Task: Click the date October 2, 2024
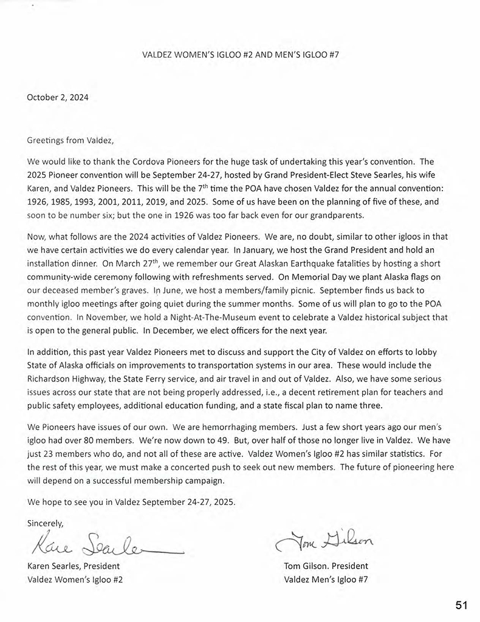[58, 97]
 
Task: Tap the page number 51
[461, 605]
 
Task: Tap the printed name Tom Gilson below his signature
[304, 566]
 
